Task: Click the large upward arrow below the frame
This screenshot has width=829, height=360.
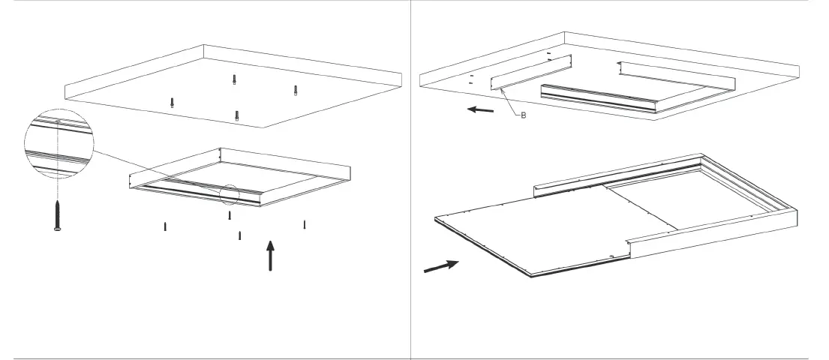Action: pos(271,256)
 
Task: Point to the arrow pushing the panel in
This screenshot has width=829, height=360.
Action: pos(441,266)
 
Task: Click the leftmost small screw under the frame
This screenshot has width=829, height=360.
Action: pos(165,226)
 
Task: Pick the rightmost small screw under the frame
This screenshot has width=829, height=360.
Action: pos(305,224)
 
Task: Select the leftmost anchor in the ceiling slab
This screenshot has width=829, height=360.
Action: pos(173,102)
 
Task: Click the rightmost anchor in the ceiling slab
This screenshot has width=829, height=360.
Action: pos(296,90)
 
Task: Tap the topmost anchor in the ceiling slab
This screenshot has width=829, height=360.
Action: pos(234,79)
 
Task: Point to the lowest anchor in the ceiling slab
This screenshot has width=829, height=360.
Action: pos(237,115)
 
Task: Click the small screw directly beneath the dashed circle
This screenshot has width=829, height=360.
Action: pos(230,216)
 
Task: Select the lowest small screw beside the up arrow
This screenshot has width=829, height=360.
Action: pos(239,235)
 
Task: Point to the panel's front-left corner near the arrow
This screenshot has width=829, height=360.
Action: pos(437,218)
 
